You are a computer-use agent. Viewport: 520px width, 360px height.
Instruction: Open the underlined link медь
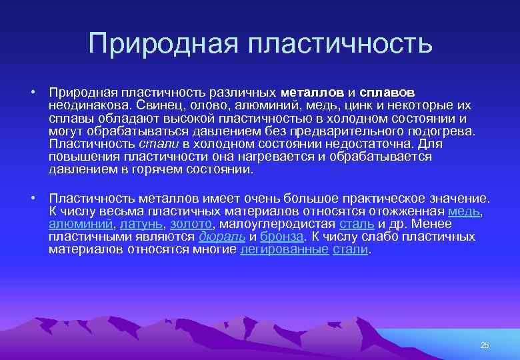[464, 211]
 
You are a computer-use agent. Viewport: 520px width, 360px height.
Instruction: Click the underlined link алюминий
[80, 224]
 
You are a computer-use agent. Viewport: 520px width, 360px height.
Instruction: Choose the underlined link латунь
[141, 224]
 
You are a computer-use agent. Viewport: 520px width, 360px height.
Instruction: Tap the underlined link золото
[191, 224]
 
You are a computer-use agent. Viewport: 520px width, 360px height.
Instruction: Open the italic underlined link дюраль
[223, 237]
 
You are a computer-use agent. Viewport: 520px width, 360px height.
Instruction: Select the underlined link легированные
[284, 249]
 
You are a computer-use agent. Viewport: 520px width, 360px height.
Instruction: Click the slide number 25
[485, 345]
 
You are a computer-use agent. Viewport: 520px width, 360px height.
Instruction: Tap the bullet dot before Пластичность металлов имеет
[31, 199]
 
